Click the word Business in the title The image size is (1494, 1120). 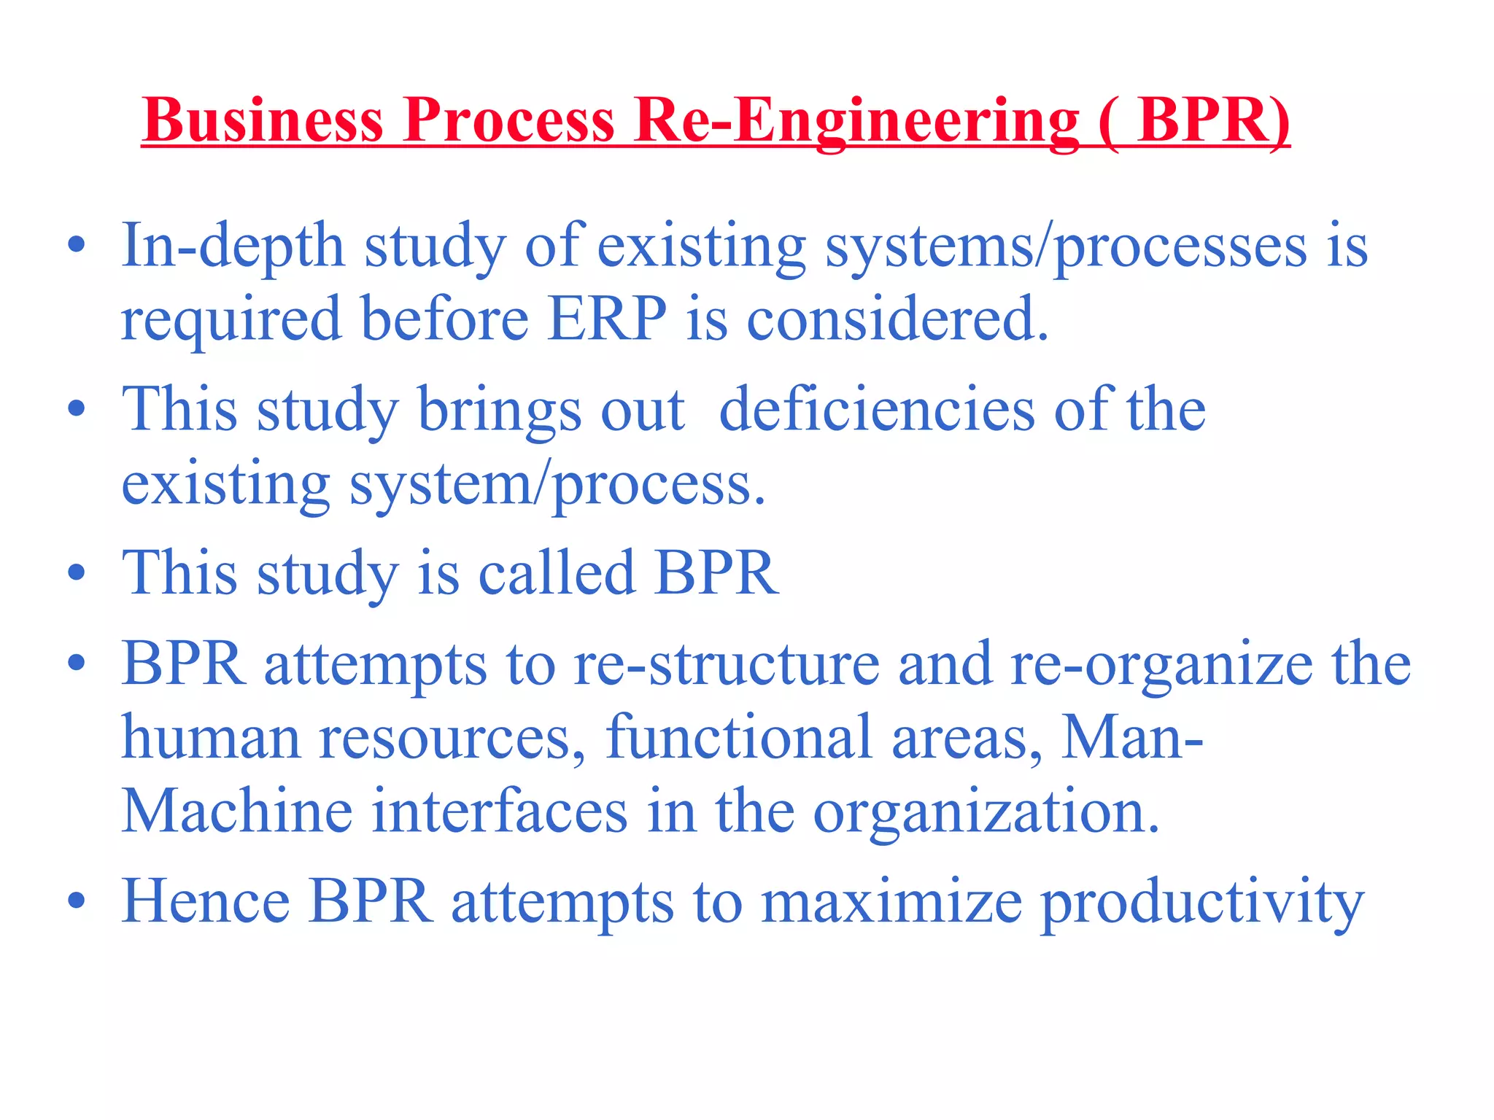coord(263,120)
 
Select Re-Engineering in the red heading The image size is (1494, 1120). coord(856,120)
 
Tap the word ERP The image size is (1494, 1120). coord(607,319)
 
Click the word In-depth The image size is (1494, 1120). coord(233,246)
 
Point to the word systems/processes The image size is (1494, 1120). coord(1066,246)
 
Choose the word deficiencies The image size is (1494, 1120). coord(876,410)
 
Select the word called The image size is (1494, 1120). coord(556,573)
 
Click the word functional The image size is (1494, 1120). coord(738,737)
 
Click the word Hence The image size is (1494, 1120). coord(206,901)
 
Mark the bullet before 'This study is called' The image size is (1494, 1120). coord(76,572)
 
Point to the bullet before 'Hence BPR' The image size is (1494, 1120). coord(76,901)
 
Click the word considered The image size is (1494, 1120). coord(897,319)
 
